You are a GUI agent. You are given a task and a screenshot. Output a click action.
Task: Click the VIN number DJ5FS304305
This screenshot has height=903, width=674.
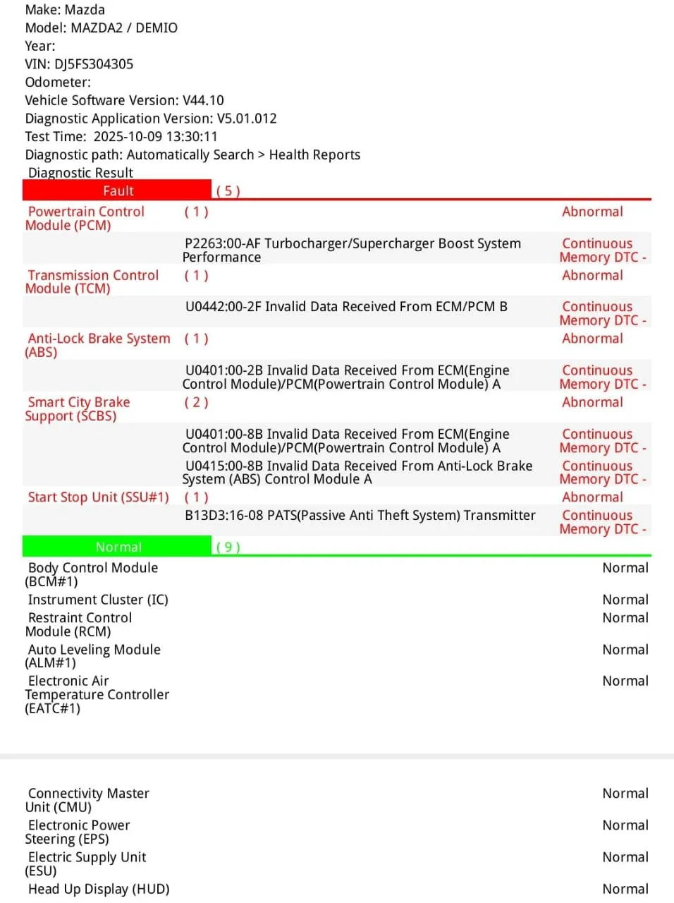(94, 64)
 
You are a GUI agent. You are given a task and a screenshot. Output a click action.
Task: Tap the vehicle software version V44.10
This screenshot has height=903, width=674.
(203, 100)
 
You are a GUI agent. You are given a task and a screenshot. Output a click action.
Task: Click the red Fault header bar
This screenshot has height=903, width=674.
(117, 190)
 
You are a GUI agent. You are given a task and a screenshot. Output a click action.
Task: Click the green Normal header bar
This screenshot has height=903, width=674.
(117, 547)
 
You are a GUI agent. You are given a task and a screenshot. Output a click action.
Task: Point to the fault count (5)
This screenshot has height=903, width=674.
(228, 191)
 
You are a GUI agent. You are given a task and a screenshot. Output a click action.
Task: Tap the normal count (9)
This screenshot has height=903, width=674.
(228, 547)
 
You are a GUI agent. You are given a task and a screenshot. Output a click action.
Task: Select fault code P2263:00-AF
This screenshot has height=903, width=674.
(223, 244)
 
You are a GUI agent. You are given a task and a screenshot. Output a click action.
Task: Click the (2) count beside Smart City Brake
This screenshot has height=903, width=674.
(196, 403)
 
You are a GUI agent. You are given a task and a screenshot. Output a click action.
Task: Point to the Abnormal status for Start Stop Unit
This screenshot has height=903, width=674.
(592, 497)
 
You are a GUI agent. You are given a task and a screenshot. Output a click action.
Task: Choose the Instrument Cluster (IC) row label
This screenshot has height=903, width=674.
(98, 600)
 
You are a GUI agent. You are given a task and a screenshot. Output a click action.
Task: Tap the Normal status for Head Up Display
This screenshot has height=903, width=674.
(625, 889)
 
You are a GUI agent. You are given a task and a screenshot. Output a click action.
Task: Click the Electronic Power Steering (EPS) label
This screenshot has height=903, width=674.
(78, 832)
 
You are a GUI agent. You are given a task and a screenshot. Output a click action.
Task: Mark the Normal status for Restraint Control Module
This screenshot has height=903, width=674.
(625, 618)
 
